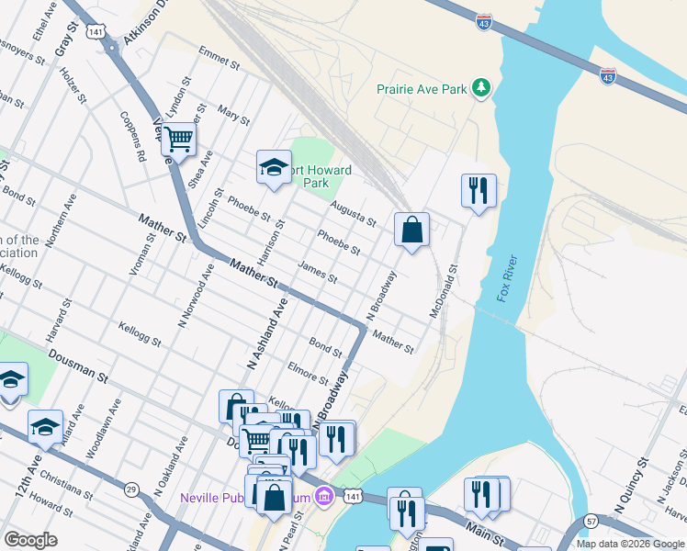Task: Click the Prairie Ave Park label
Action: tap(422, 89)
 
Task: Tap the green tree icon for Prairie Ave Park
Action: tap(480, 88)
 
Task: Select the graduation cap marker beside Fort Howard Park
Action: tap(273, 167)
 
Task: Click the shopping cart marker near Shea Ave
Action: tap(178, 140)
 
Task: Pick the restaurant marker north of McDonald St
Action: tap(478, 190)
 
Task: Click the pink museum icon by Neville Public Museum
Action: tap(322, 498)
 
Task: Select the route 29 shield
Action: tap(131, 489)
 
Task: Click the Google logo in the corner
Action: tap(30, 540)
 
